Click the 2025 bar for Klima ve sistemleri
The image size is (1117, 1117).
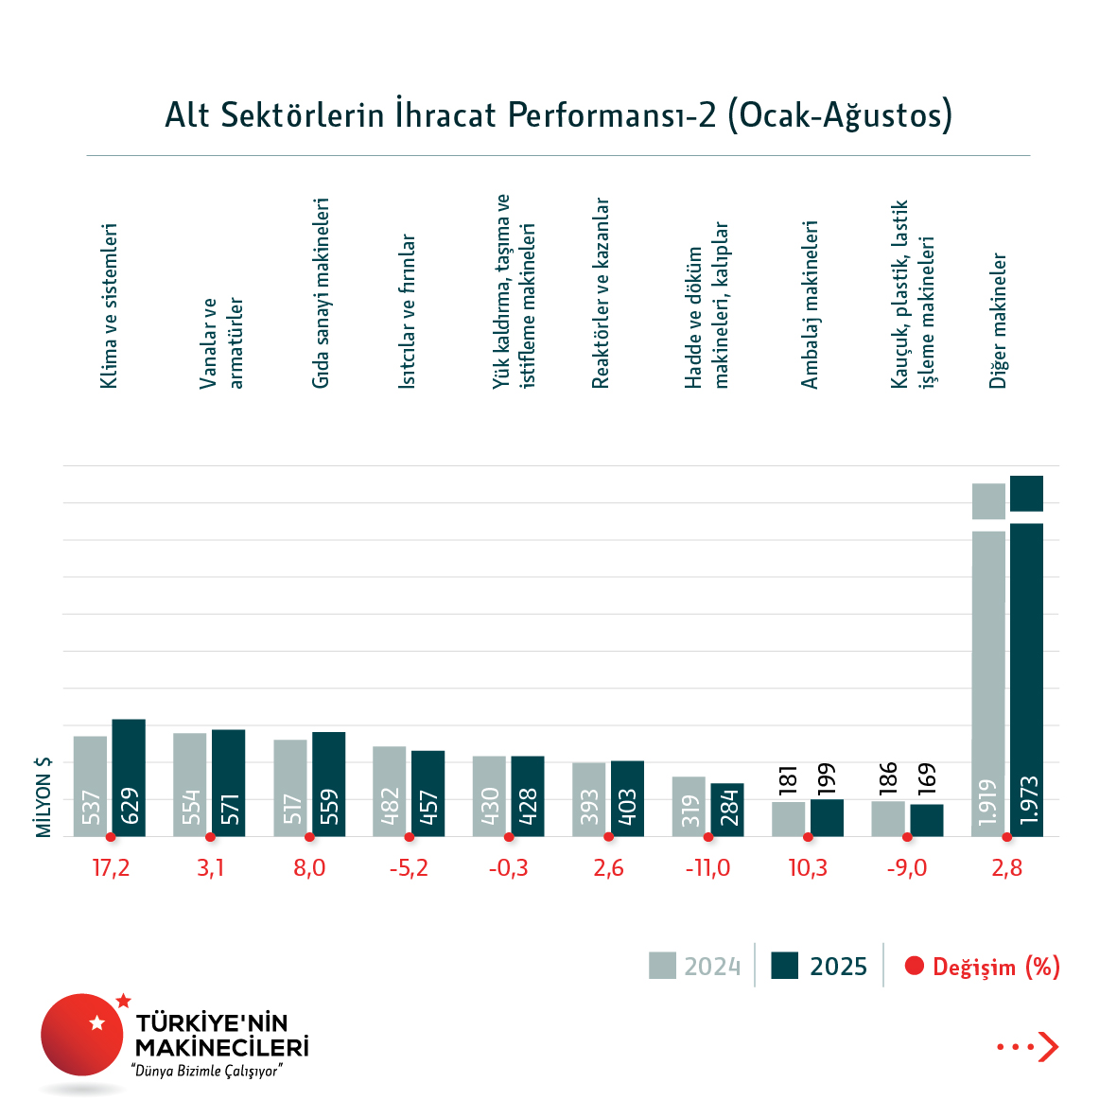click(129, 777)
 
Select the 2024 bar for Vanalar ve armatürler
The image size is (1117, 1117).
click(189, 784)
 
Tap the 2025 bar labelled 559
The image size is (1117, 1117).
click(328, 784)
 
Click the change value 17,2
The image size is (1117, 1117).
click(111, 868)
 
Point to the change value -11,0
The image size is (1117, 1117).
click(707, 868)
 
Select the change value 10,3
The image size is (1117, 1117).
click(808, 868)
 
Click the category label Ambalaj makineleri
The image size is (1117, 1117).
click(810, 305)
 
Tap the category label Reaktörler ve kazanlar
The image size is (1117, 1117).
click(601, 293)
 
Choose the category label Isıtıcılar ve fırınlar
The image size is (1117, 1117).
click(407, 311)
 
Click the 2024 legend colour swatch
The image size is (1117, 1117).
click(662, 966)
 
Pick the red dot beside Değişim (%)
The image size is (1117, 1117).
click(914, 966)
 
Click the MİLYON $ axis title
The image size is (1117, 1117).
click(44, 796)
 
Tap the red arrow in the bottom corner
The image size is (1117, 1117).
click(1047, 1046)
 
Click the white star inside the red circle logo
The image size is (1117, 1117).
click(96, 1022)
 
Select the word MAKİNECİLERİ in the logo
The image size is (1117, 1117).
click(222, 1047)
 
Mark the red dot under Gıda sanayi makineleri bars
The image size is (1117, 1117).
click(309, 837)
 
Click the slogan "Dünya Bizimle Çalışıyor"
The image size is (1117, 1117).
click(209, 1071)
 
